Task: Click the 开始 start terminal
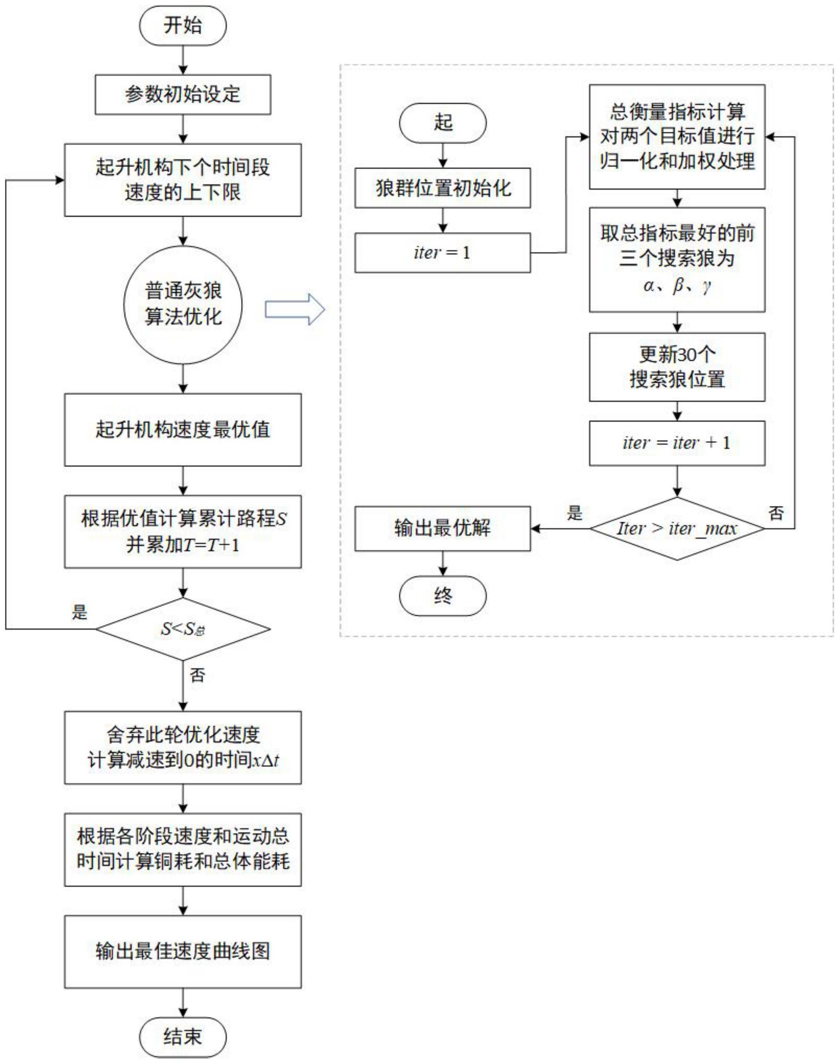pos(183,26)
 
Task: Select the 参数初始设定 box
pos(183,94)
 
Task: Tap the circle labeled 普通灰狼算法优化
pos(183,305)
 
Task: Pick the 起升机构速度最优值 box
pos(183,430)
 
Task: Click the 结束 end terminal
pos(183,1037)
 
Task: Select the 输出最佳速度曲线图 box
pos(183,951)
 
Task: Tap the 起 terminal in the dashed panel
pos(443,123)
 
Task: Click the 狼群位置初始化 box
pos(443,188)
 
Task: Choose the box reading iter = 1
pos(443,252)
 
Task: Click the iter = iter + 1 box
pos(677,443)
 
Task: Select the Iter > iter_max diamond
pos(677,529)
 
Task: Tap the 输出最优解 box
pos(443,528)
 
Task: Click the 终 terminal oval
pos(443,596)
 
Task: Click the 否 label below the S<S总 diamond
pos(197,675)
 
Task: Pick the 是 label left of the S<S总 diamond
pos(80,612)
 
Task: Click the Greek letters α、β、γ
pos(677,285)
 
